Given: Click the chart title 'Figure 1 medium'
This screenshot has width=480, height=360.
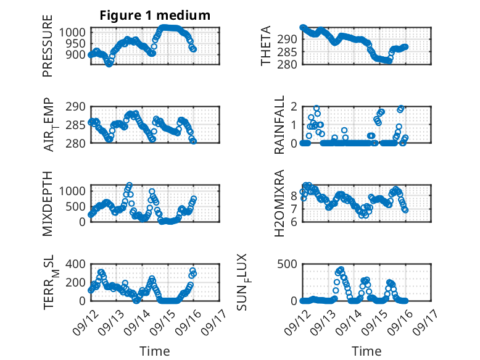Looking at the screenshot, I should (155, 15).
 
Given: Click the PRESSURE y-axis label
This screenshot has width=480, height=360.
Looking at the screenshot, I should (48, 50).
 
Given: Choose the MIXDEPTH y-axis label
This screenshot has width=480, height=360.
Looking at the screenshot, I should (48, 203).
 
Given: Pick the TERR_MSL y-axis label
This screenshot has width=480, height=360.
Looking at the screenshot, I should (49, 282).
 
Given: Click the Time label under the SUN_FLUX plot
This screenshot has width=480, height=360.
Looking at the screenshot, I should (367, 351).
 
